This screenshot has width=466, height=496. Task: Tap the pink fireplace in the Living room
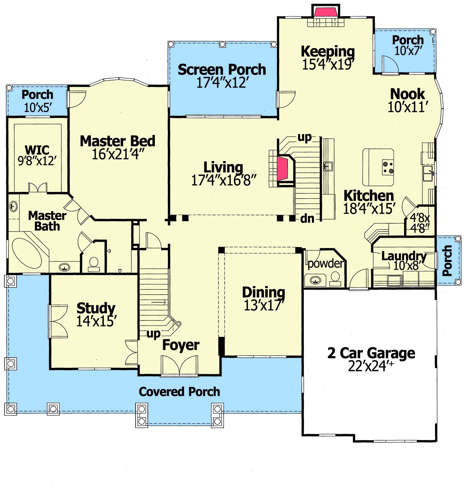[283, 170]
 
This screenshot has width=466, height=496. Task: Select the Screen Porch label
[222, 70]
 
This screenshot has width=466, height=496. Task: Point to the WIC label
[37, 150]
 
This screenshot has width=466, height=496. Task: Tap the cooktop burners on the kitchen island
[388, 167]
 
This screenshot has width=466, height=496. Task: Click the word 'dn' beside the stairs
[307, 218]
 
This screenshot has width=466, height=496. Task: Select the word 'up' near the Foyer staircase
[153, 334]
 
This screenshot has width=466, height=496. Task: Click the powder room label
[326, 263]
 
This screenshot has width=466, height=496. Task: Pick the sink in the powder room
[315, 280]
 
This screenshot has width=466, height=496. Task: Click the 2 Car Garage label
[371, 353]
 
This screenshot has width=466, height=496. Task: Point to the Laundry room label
[404, 256]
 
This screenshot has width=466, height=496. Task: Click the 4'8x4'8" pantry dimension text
[420, 223]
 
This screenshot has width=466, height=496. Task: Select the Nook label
[407, 94]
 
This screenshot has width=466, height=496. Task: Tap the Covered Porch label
[179, 392]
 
